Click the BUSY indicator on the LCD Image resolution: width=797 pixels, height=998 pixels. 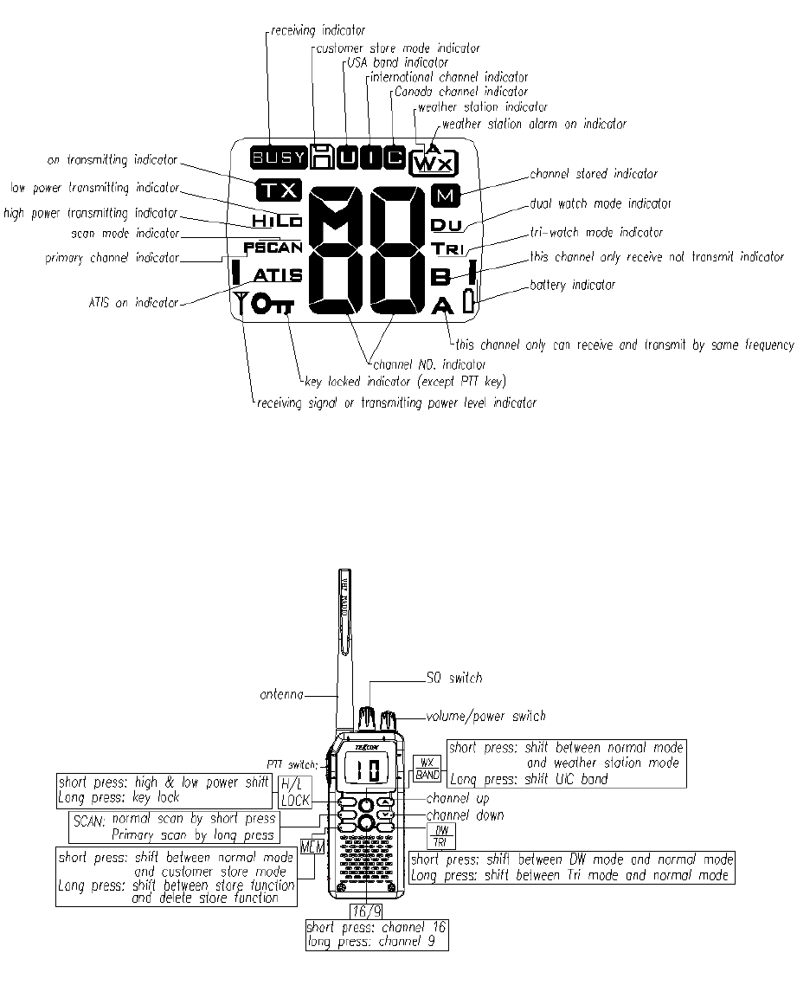[279, 158]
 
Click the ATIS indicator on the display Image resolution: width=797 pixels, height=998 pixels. [278, 276]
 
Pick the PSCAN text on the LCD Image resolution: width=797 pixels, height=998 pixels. [272, 248]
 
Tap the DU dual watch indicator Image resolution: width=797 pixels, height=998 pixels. [447, 225]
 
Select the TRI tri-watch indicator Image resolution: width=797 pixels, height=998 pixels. [448, 249]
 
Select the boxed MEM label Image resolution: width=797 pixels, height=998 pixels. [312, 847]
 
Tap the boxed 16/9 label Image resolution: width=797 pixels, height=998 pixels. [364, 911]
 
